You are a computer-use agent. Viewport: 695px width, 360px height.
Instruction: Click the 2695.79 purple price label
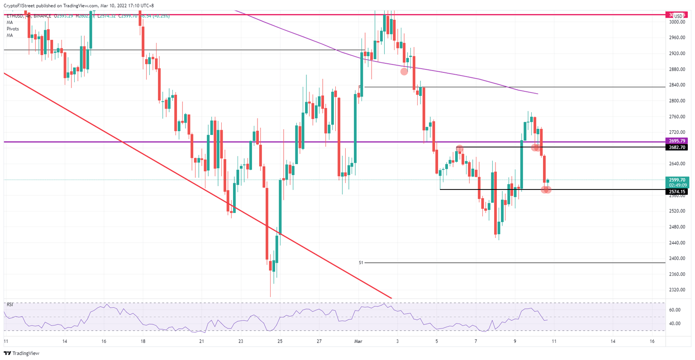coord(677,141)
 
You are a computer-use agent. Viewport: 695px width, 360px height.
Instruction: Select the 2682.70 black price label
coord(677,147)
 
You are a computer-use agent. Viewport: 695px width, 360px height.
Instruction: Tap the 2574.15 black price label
coord(677,192)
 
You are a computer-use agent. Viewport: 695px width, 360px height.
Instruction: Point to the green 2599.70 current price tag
coord(677,180)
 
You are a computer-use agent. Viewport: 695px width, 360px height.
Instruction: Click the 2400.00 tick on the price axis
coord(677,258)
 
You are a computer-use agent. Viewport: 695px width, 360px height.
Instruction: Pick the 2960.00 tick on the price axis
coord(677,38)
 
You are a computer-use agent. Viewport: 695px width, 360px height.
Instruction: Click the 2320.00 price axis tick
coord(677,290)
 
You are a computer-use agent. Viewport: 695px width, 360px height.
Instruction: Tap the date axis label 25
coord(280,341)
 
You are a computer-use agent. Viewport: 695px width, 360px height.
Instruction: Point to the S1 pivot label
coord(361,262)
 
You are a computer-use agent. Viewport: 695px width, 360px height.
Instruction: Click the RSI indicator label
coord(10,305)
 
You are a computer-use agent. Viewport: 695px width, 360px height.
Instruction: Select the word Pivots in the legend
coord(13,29)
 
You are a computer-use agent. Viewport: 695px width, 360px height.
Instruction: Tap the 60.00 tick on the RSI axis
coord(675,310)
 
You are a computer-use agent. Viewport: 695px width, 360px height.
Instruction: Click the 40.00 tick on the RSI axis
coord(675,323)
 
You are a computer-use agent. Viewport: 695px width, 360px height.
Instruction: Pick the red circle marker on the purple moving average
coord(404,71)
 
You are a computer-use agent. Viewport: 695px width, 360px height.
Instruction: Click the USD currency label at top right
coord(678,16)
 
